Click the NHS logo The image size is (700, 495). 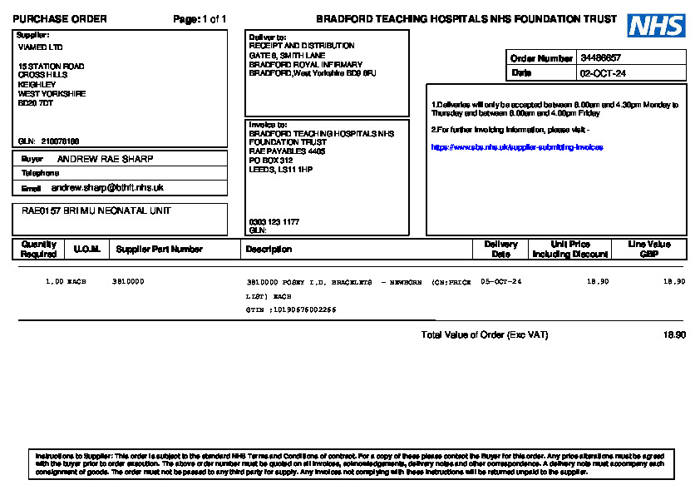657,26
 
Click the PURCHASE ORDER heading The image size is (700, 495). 60,19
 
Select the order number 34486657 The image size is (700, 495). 600,58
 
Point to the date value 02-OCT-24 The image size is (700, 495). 603,73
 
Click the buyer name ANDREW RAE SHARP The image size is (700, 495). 105,159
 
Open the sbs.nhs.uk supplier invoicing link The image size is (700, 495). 516,147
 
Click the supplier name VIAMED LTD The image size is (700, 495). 40,47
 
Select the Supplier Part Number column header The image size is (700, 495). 159,249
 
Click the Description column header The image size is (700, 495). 269,249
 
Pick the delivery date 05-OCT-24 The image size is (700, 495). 501,282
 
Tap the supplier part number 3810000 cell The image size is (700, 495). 128,282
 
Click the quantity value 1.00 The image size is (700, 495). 54,282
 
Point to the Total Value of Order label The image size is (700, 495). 485,335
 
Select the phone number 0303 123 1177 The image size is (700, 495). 274,222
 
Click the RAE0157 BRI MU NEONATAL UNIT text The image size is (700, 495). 96,211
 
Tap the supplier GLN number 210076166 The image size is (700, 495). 60,141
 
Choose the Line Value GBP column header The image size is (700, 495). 649,249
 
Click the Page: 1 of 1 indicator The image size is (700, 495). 200,19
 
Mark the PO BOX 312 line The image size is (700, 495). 271,161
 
